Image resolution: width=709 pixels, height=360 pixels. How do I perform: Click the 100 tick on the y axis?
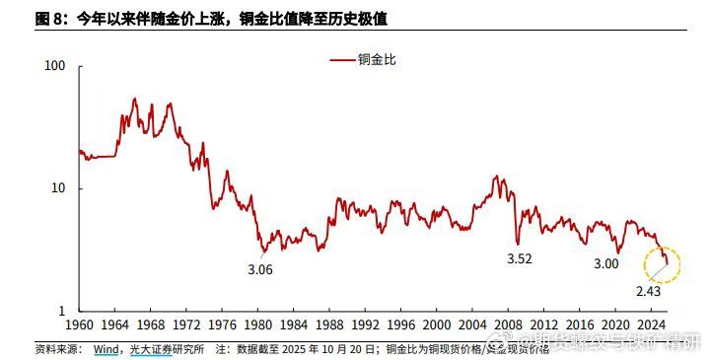click(55, 66)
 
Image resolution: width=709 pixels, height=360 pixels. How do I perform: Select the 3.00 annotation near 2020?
click(605, 264)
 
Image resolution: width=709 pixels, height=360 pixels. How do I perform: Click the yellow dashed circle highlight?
click(662, 263)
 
